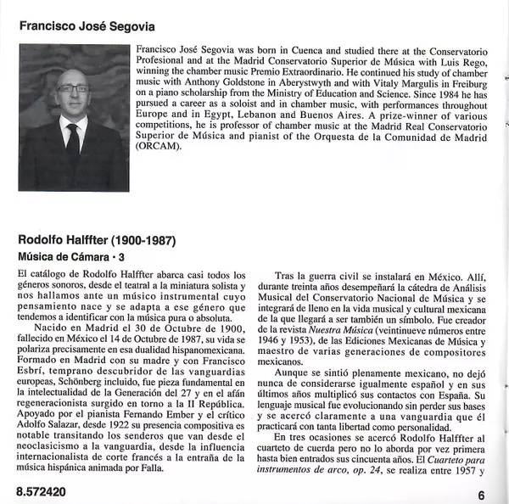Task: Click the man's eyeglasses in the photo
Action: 73,87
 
